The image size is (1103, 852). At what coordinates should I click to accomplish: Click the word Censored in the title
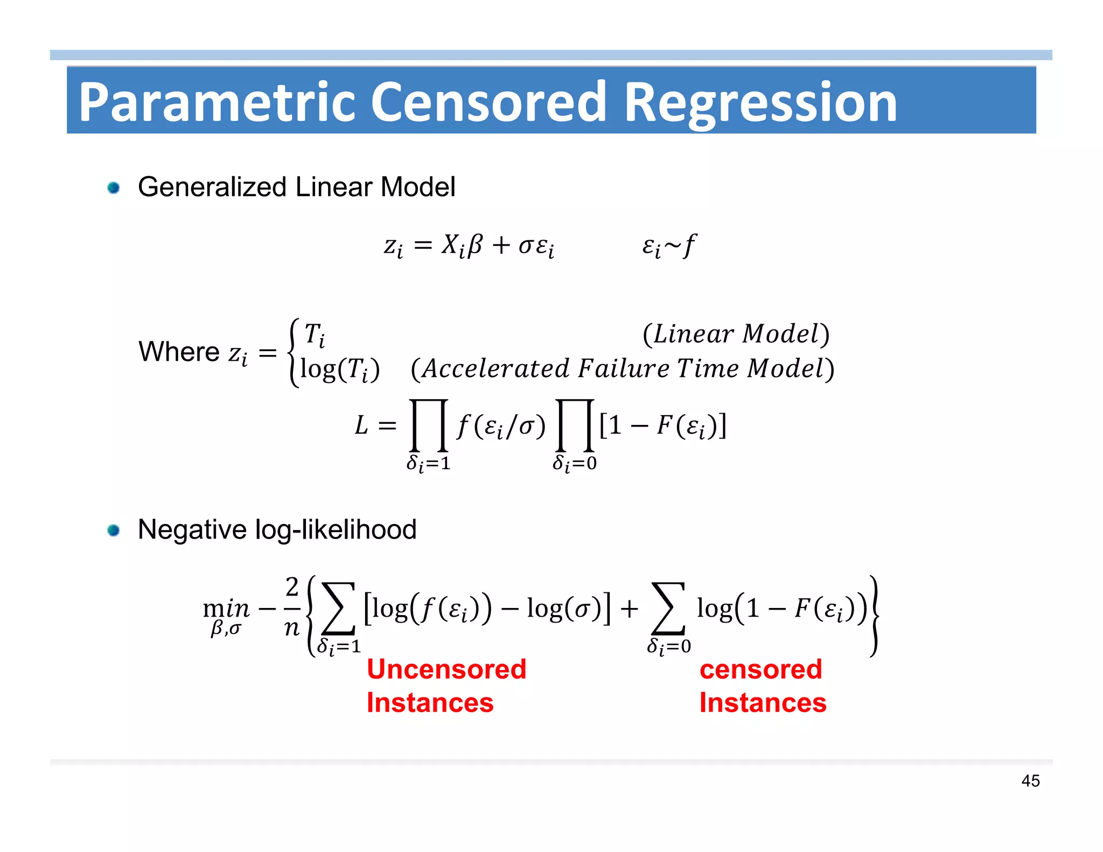pyautogui.click(x=489, y=102)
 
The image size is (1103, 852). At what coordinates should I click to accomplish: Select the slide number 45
pyautogui.click(x=1030, y=780)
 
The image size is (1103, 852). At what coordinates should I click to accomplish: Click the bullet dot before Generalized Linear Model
pyautogui.click(x=113, y=188)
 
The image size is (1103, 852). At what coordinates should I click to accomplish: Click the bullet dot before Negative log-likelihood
pyautogui.click(x=113, y=530)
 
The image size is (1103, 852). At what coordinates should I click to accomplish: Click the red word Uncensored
pyautogui.click(x=446, y=669)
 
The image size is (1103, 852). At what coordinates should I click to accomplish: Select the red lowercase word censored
pyautogui.click(x=760, y=669)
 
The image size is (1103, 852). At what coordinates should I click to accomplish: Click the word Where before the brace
pyautogui.click(x=179, y=352)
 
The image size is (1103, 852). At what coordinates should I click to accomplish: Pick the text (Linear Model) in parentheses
pyautogui.click(x=736, y=334)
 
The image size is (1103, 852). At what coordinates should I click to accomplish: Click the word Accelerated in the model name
pyautogui.click(x=495, y=369)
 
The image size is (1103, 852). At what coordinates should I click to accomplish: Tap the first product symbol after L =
pyautogui.click(x=429, y=425)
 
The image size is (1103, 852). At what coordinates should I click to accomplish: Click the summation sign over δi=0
pyautogui.click(x=668, y=609)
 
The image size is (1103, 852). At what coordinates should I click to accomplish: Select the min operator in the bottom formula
pyautogui.click(x=226, y=609)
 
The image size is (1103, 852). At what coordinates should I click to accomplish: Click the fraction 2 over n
pyautogui.click(x=291, y=607)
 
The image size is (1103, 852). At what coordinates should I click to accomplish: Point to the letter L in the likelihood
pyautogui.click(x=361, y=425)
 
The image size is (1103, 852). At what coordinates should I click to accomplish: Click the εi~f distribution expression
pyautogui.click(x=668, y=246)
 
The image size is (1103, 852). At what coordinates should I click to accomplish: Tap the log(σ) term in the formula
pyautogui.click(x=564, y=609)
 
